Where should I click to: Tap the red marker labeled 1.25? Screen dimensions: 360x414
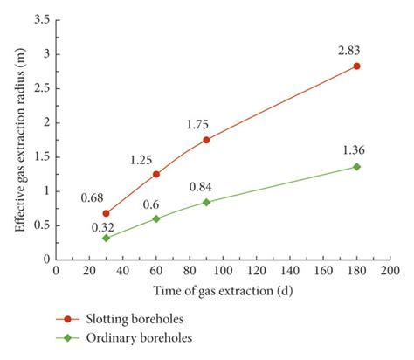pos(156,174)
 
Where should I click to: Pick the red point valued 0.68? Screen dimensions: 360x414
pos(107,213)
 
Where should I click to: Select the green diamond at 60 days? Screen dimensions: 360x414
pos(156,218)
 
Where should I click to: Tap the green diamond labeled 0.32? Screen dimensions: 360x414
pos(107,238)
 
